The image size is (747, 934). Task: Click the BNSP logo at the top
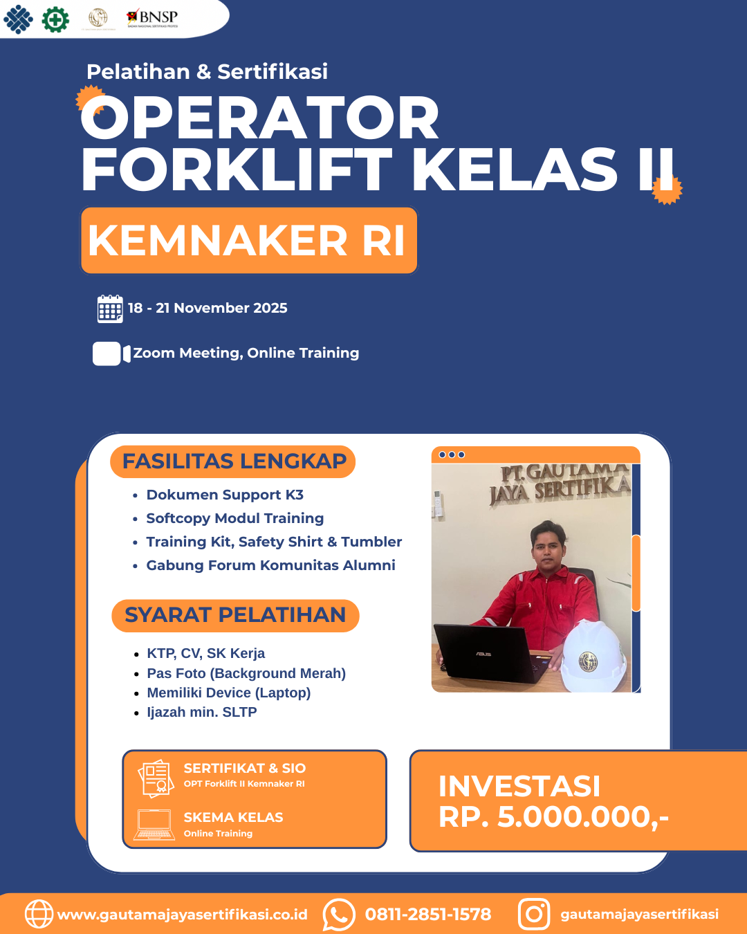click(x=153, y=18)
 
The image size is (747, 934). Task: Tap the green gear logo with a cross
click(x=55, y=19)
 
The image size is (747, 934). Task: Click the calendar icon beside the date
click(x=110, y=309)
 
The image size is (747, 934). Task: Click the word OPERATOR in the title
click(x=260, y=118)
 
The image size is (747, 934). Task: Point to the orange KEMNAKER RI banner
click(x=248, y=241)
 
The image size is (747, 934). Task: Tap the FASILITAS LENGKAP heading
click(x=233, y=461)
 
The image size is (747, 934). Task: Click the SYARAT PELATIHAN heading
click(x=235, y=615)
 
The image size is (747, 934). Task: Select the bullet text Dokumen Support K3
click(x=225, y=495)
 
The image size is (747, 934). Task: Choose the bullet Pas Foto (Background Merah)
click(x=246, y=673)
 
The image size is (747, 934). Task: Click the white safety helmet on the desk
click(x=593, y=657)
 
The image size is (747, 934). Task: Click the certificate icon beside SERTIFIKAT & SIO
click(x=156, y=778)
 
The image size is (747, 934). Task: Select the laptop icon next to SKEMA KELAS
click(x=154, y=825)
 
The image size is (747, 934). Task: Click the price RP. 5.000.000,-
click(x=553, y=817)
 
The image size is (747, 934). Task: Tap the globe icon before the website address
click(x=39, y=914)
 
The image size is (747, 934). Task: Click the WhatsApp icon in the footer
click(x=339, y=915)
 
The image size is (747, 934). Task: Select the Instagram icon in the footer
click(x=534, y=914)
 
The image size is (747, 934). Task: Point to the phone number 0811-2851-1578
click(x=428, y=915)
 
